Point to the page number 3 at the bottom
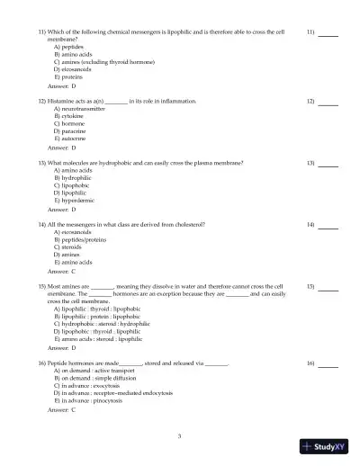pos(179,436)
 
